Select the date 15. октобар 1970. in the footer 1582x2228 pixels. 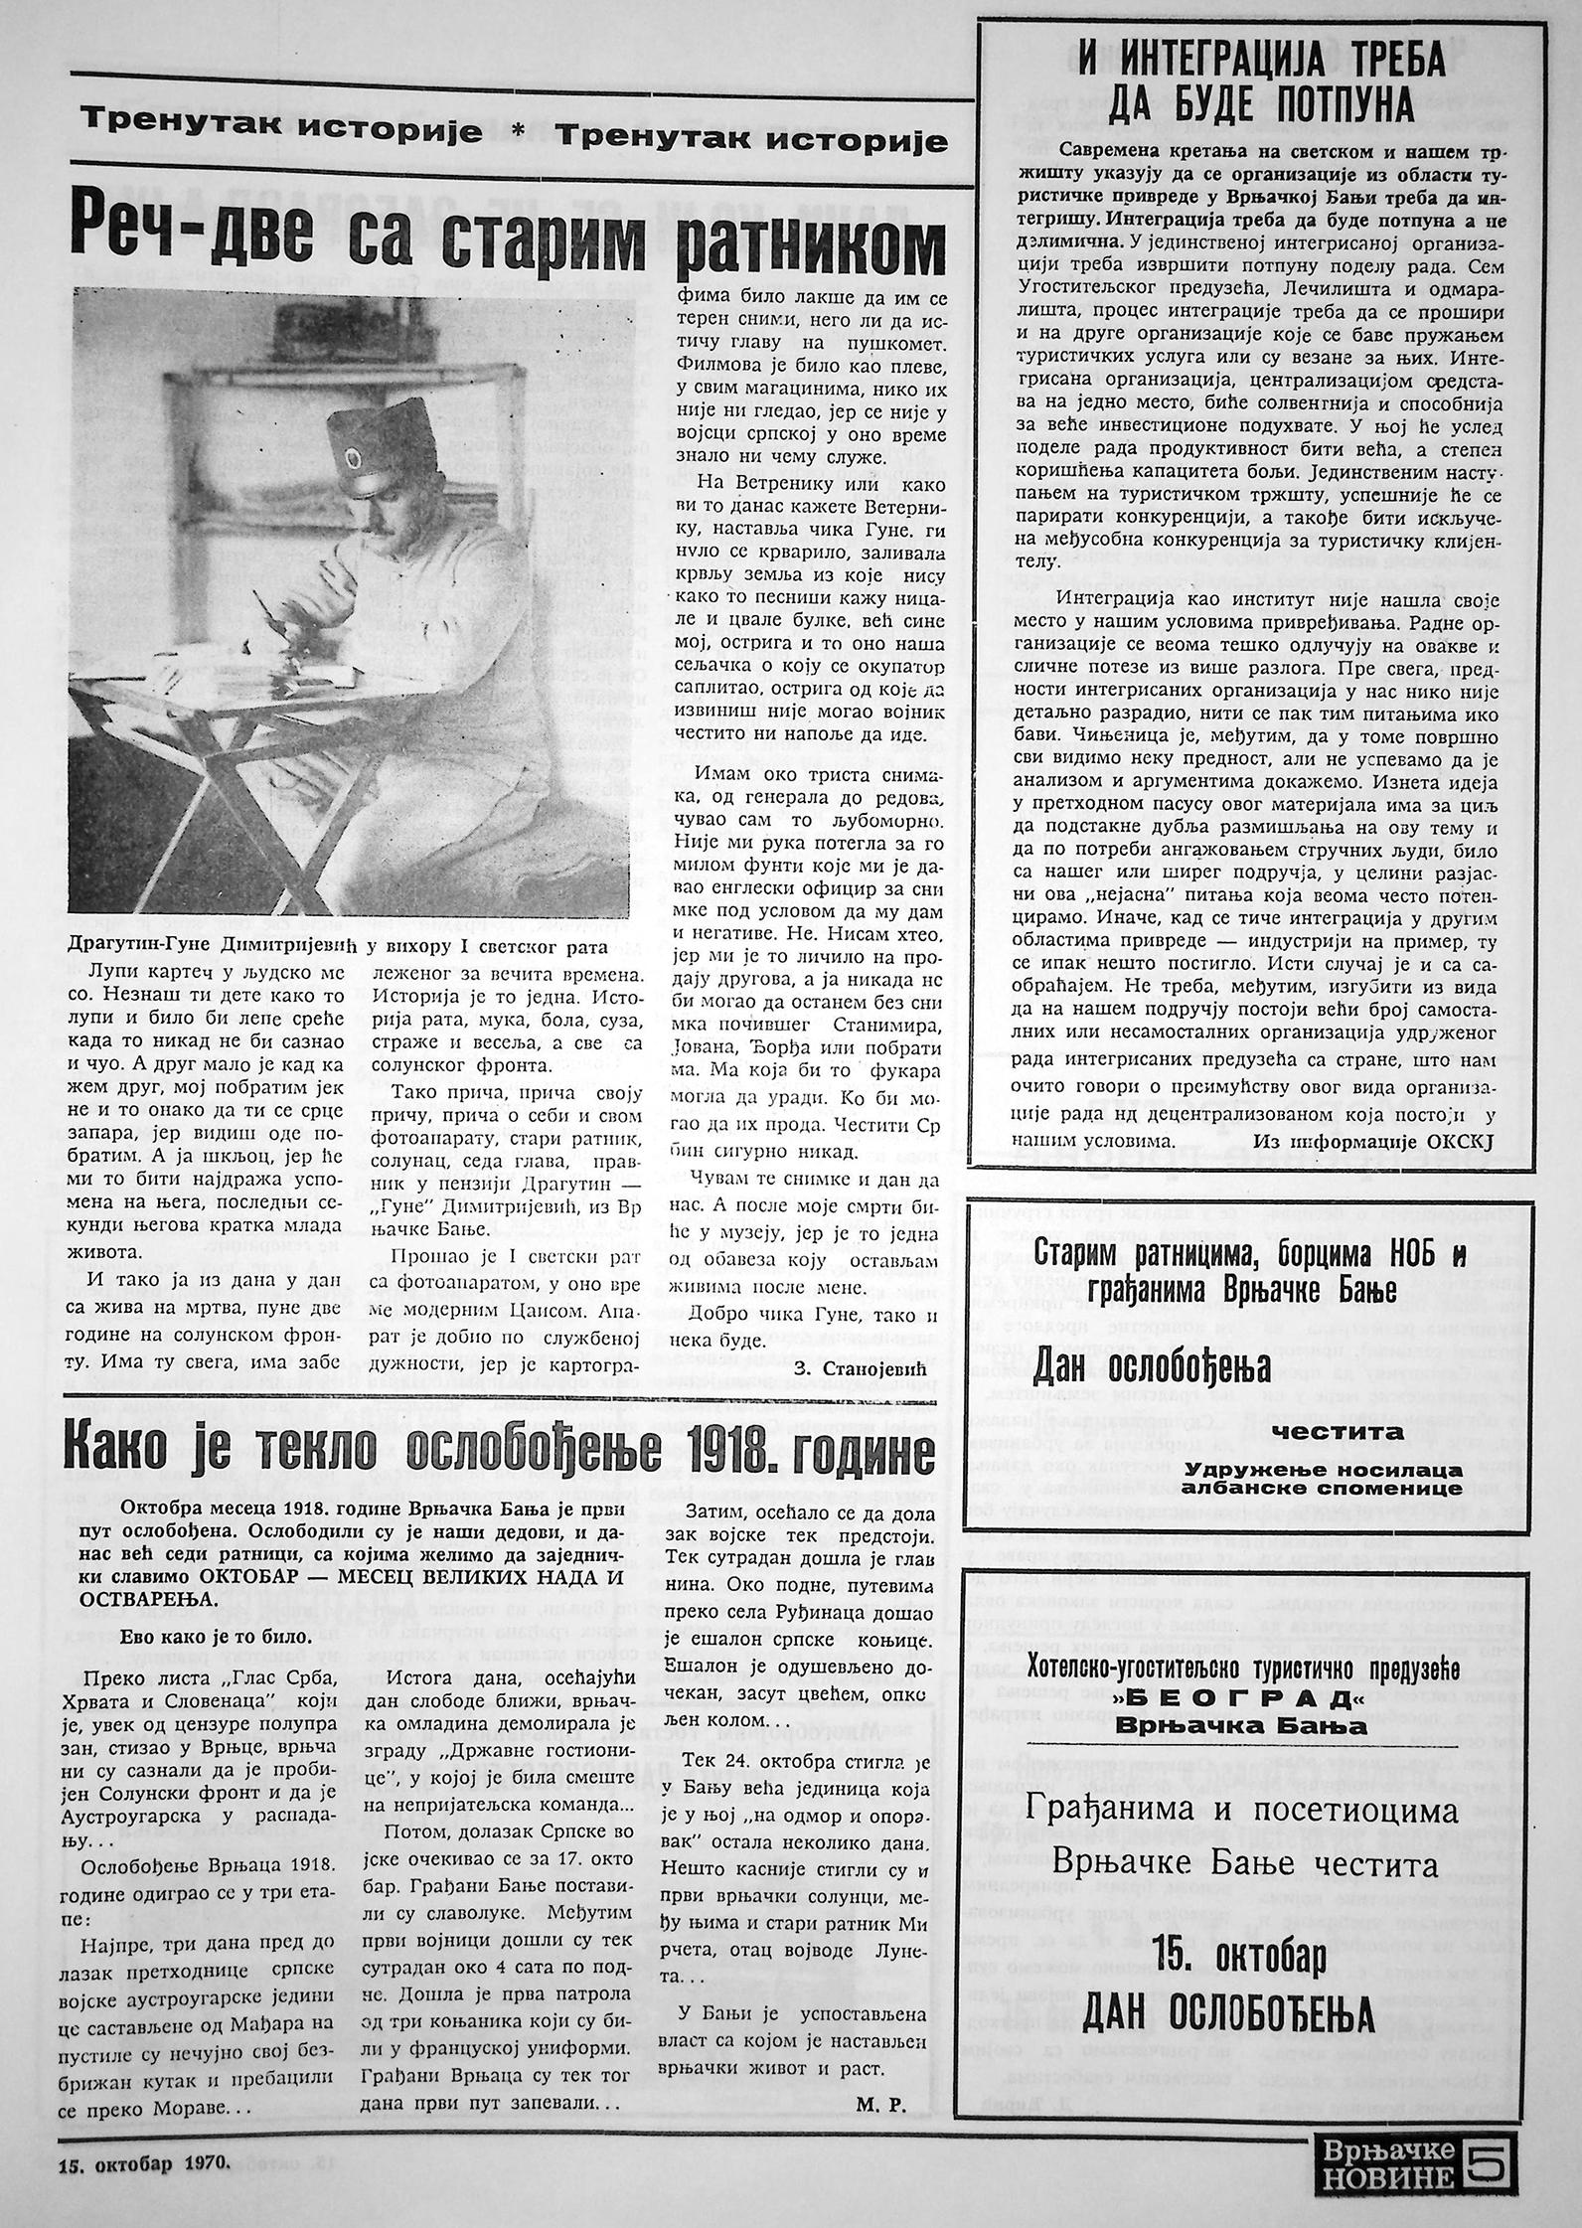coord(144,2184)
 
